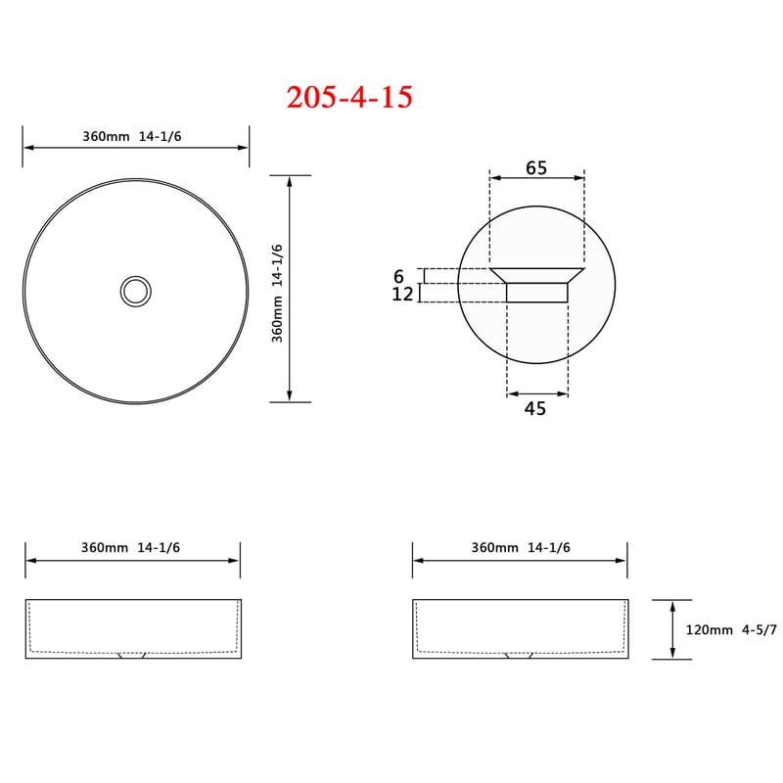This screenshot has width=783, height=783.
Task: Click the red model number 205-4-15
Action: click(x=349, y=97)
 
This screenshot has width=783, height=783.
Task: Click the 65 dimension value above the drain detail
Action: click(x=536, y=167)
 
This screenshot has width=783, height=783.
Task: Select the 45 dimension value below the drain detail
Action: click(x=535, y=408)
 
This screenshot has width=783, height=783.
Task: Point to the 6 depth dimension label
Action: click(x=398, y=276)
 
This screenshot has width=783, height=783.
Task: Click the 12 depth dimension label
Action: click(x=402, y=295)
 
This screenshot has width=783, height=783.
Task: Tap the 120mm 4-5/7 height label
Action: click(x=731, y=629)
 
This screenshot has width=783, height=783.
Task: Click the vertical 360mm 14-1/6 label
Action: click(x=277, y=293)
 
